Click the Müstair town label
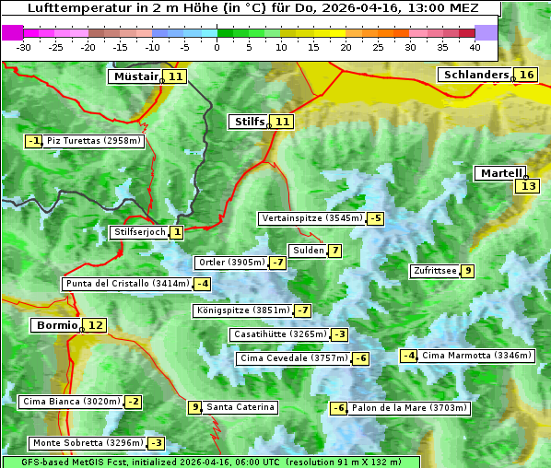click(135, 76)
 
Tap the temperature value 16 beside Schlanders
click(526, 75)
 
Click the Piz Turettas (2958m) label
click(94, 141)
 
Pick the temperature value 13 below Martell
click(526, 186)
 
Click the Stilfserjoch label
click(139, 232)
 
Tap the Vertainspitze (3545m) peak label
click(311, 218)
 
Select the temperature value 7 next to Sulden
click(335, 251)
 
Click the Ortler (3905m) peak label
click(231, 263)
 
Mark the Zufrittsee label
click(435, 270)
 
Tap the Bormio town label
click(56, 325)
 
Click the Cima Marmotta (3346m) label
click(476, 356)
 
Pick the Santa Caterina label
click(240, 407)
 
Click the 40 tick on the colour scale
click(475, 46)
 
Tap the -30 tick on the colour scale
click(24, 46)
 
